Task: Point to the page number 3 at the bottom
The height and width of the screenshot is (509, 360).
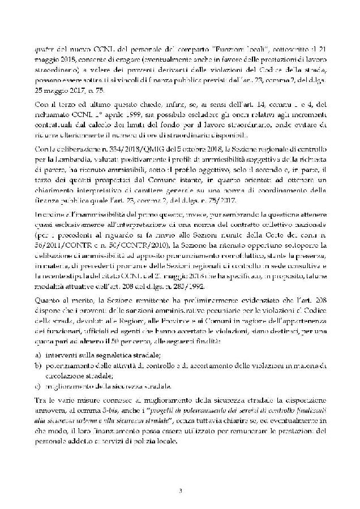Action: point(180,489)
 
